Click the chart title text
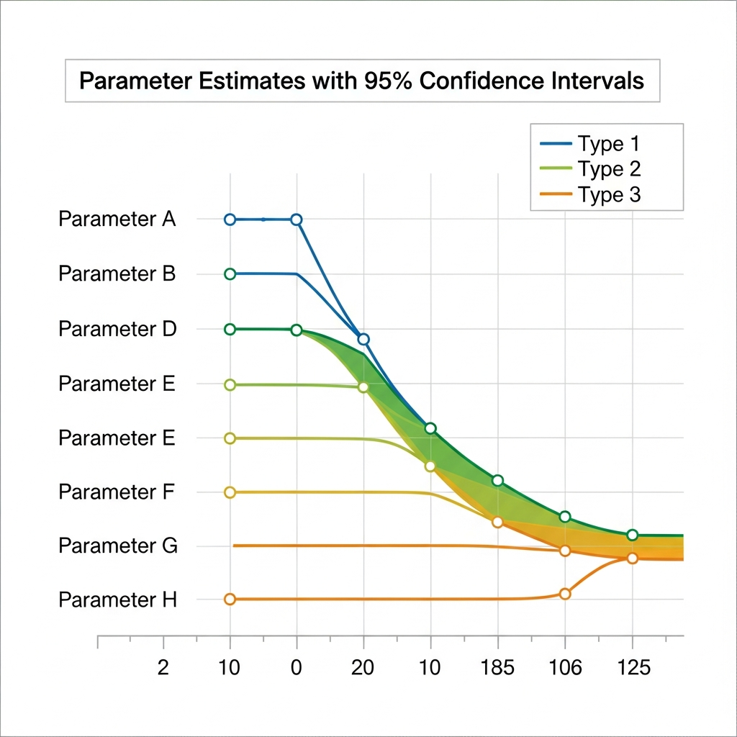tap(361, 81)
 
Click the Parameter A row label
tap(117, 220)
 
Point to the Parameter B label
tap(117, 274)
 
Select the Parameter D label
tap(117, 330)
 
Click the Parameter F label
tap(117, 492)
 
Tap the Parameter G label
tap(117, 546)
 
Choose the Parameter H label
tap(117, 600)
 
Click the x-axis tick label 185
tap(497, 668)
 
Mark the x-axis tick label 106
tap(565, 668)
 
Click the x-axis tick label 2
tap(163, 668)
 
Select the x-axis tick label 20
tap(363, 668)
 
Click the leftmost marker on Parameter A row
tap(230, 220)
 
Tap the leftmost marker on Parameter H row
tap(230, 599)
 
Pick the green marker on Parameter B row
tap(230, 274)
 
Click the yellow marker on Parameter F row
tap(230, 492)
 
